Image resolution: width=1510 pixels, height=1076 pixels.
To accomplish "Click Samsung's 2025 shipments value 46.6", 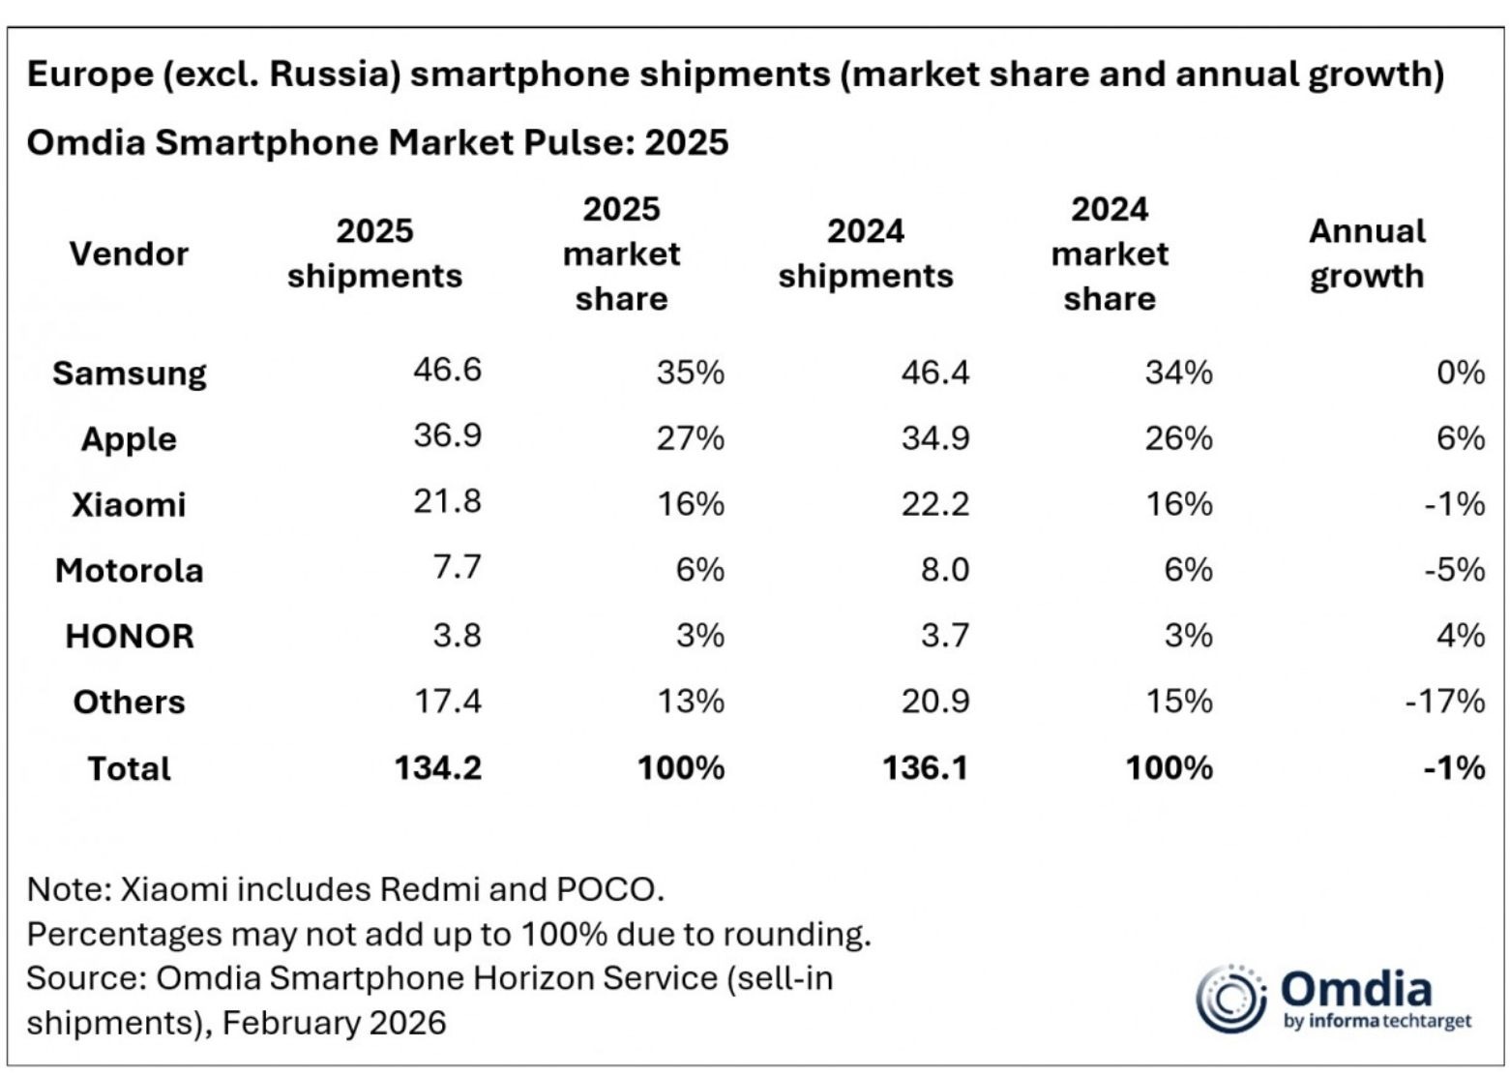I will coord(447,370).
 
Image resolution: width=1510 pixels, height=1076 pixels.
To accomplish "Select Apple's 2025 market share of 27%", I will coord(690,438).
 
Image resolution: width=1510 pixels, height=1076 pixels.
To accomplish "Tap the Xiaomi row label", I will coord(129,504).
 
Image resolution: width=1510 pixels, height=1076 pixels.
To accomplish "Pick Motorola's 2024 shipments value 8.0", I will coord(945,569).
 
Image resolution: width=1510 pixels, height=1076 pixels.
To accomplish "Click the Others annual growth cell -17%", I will coord(1444,701).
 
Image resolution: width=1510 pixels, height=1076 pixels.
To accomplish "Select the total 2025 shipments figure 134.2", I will coord(437,767).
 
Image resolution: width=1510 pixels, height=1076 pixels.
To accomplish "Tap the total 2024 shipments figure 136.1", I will coord(925,767).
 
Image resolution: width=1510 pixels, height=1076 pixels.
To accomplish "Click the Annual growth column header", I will coord(1366,254).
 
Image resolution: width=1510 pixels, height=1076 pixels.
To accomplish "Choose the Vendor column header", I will coord(129,254).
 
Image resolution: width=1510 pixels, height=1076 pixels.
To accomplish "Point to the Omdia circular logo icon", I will coord(1230,998).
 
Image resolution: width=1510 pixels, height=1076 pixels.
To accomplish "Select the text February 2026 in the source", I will coord(335,1023).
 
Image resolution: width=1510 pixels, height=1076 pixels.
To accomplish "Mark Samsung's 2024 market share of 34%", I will coord(1178,373).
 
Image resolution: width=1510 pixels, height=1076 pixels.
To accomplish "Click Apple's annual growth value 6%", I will coord(1460,438).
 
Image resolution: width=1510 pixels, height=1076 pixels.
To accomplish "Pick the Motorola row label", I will coord(129,570).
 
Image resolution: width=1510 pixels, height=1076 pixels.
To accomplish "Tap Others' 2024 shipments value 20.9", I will coord(934,701).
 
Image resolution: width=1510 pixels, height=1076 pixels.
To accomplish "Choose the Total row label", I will coord(129,768).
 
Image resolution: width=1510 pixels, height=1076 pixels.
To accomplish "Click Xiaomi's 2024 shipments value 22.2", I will coord(934,504).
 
